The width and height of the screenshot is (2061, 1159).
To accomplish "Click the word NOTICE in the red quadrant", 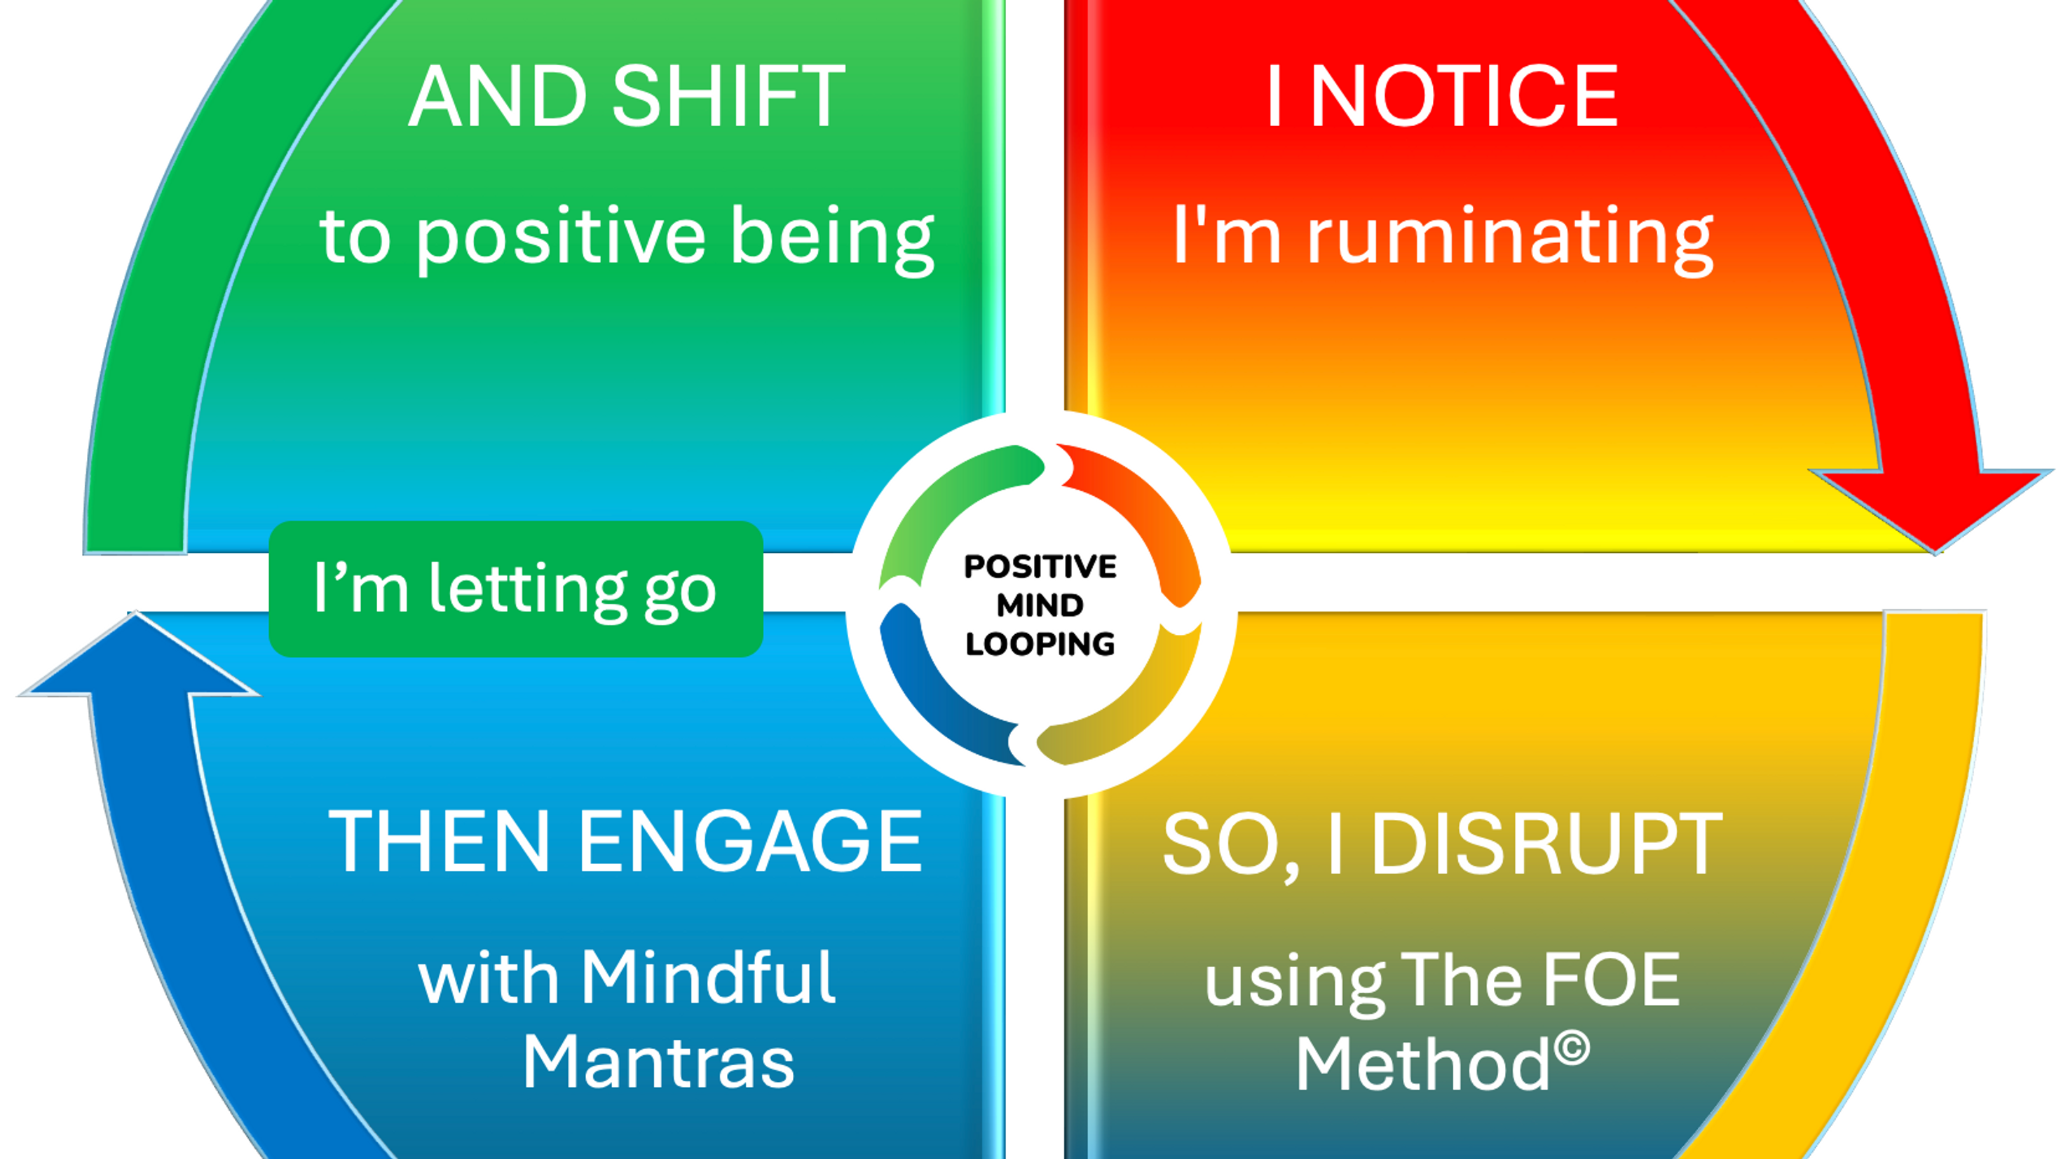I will click(x=1464, y=97).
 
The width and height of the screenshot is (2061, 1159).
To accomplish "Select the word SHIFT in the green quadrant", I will click(x=728, y=97).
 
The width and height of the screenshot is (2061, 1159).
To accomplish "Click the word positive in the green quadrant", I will click(x=560, y=237).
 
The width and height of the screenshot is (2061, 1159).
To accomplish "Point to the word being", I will click(x=832, y=237).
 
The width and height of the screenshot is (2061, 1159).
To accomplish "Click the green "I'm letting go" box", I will click(x=515, y=589).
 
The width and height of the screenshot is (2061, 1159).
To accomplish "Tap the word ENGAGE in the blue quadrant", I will click(x=749, y=842).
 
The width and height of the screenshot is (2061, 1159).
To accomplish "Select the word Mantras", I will click(x=658, y=1062).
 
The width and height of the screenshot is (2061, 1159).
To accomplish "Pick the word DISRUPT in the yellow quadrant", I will click(x=1546, y=844).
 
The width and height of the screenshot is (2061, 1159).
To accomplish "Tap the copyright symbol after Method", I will click(x=1573, y=1048).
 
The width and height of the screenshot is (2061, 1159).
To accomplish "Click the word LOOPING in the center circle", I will click(x=1040, y=644).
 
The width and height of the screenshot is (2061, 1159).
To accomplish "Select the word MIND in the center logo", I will click(x=1040, y=605).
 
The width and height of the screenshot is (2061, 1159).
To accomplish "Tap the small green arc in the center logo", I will click(x=944, y=504).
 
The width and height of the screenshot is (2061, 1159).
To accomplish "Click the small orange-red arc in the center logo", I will click(x=1144, y=512).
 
